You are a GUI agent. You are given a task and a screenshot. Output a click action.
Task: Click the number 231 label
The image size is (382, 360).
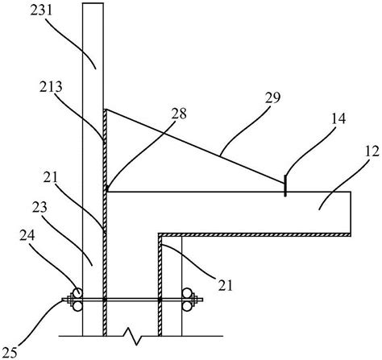click(41, 10)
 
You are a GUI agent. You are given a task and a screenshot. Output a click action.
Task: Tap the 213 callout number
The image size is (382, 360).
click(51, 87)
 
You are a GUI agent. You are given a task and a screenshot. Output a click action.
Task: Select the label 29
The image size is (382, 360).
click(272, 97)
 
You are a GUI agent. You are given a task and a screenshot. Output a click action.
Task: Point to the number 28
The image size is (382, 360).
click(179, 114)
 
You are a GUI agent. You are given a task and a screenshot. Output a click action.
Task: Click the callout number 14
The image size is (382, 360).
click(338, 118)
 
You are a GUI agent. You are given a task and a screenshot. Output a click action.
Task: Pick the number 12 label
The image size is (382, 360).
click(372, 151)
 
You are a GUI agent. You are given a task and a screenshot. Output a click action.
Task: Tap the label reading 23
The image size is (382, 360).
click(39, 207)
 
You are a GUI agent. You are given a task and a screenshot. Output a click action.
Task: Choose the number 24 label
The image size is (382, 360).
click(27, 236)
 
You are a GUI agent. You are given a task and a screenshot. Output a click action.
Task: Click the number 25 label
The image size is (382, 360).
click(10, 352)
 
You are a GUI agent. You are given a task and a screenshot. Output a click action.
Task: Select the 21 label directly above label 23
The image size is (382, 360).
click(51, 177)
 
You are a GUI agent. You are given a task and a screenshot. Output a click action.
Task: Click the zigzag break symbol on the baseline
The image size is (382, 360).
click(132, 336)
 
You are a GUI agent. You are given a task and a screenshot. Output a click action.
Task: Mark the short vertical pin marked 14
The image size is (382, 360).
click(284, 185)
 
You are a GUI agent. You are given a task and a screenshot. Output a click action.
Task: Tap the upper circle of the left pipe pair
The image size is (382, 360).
click(78, 293)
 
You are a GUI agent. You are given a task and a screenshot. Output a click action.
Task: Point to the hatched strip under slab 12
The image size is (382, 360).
click(255, 234)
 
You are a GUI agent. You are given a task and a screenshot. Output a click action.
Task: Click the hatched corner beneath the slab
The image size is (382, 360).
click(160, 235)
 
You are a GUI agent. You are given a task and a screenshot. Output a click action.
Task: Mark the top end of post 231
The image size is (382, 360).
click(93, 3)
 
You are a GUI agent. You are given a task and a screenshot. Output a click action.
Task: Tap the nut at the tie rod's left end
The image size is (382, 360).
click(69, 300)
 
